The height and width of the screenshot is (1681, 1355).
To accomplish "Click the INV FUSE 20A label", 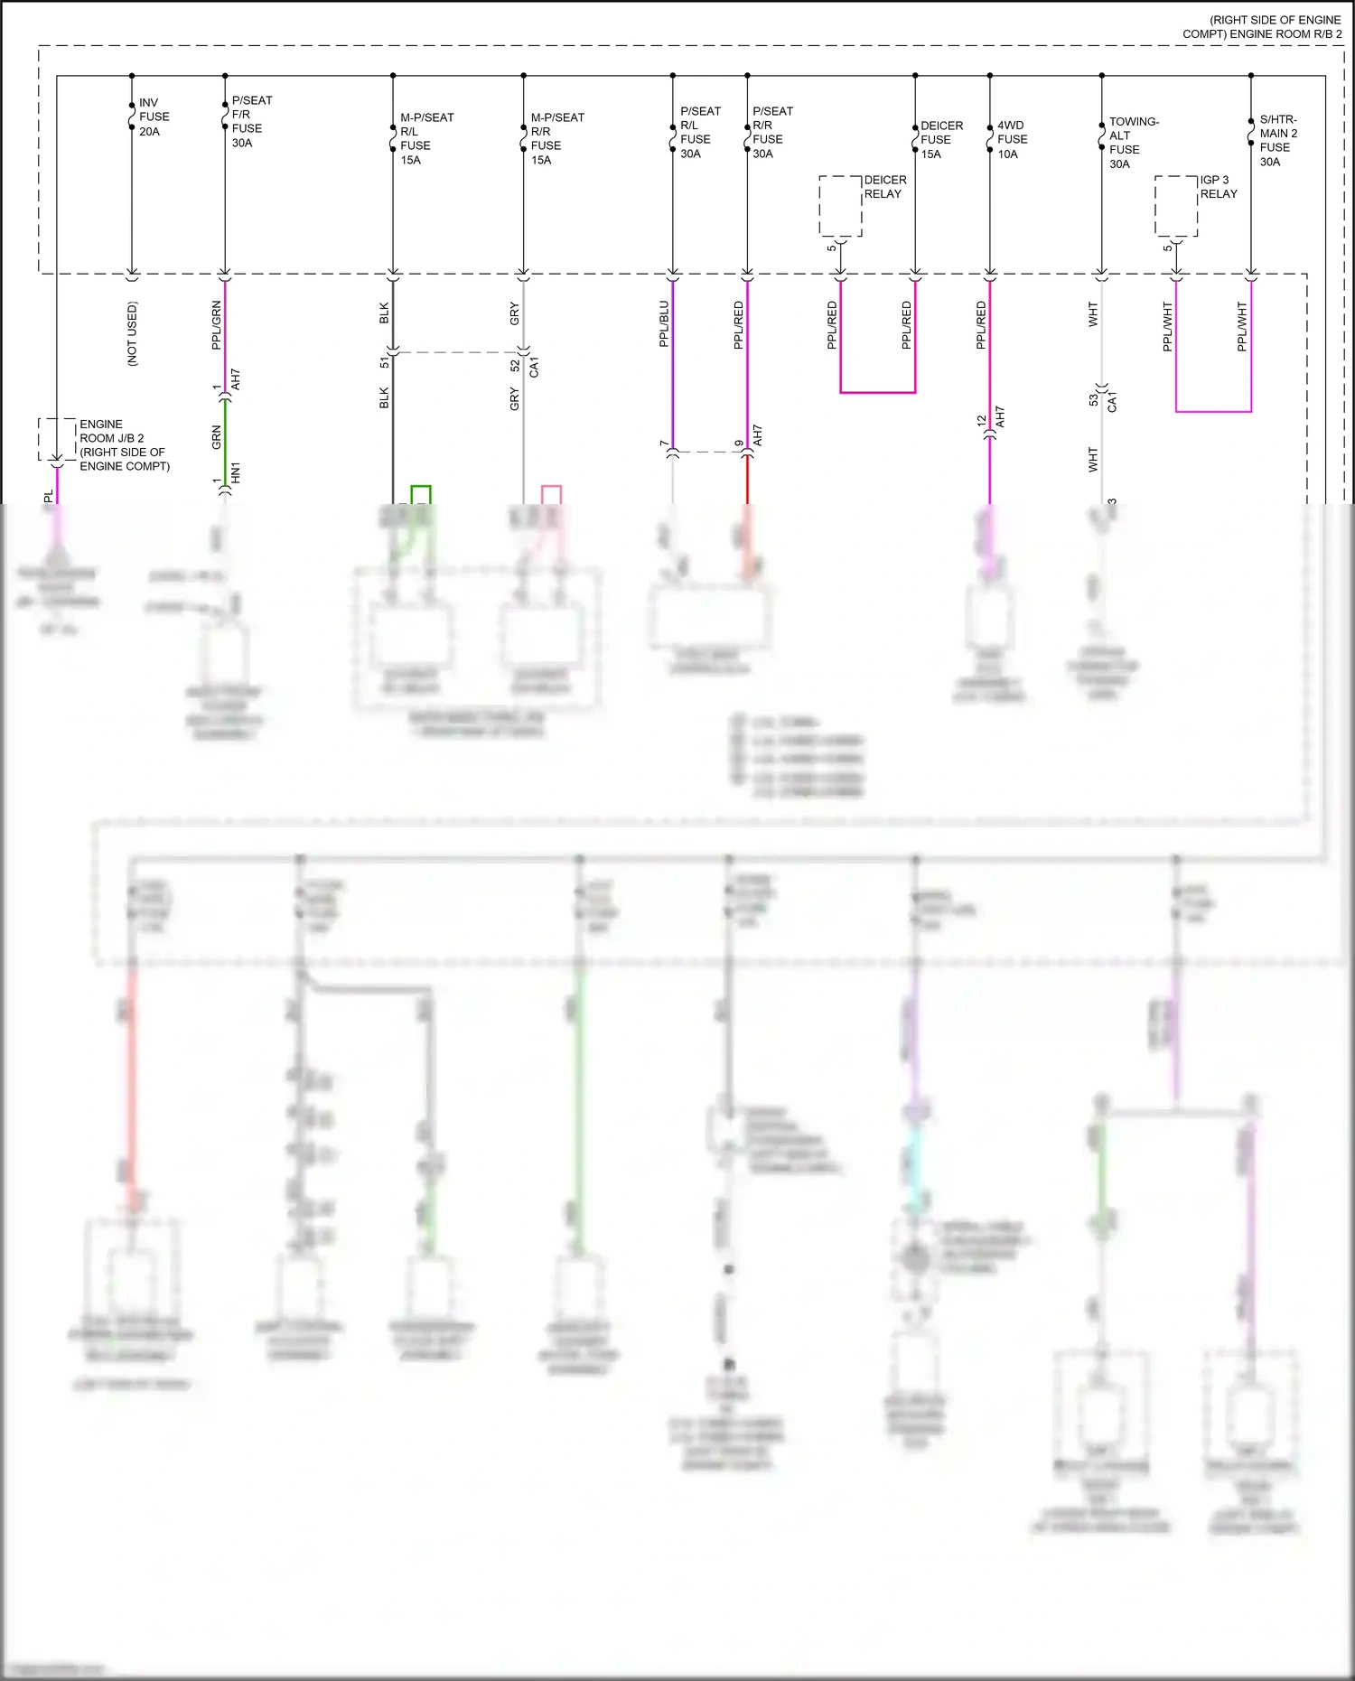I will click(154, 117).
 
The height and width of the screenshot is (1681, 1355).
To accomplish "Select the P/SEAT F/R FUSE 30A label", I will click(251, 122).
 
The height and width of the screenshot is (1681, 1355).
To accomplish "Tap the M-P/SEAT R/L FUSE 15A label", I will click(426, 139).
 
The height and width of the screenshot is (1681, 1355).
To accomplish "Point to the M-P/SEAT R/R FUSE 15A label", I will click(556, 139).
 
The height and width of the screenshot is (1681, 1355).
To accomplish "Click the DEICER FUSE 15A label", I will click(940, 140).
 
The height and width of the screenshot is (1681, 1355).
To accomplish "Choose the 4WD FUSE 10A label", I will click(1012, 140).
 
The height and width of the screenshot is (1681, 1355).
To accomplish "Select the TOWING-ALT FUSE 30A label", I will click(1133, 143).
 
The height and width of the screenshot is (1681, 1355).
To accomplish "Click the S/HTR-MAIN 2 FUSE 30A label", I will click(1278, 141).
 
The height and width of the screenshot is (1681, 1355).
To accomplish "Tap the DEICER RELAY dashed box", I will click(840, 206).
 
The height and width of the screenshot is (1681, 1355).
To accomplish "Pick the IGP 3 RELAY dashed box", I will click(1176, 206).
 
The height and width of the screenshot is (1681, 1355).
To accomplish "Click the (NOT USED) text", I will click(133, 333).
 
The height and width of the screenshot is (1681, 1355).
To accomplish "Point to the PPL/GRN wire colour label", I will click(216, 325).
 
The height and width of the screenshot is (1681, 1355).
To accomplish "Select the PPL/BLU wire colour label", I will click(664, 324).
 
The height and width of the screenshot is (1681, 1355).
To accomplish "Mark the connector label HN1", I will click(236, 472).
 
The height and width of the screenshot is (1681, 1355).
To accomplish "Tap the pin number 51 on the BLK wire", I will click(384, 362).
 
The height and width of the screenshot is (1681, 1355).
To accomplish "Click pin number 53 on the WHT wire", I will click(1093, 399).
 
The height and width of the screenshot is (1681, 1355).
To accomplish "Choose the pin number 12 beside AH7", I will click(981, 421).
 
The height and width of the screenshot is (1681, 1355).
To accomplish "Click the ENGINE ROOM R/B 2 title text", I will click(1262, 27).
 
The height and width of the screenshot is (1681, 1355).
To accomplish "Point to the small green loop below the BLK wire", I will click(421, 494).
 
